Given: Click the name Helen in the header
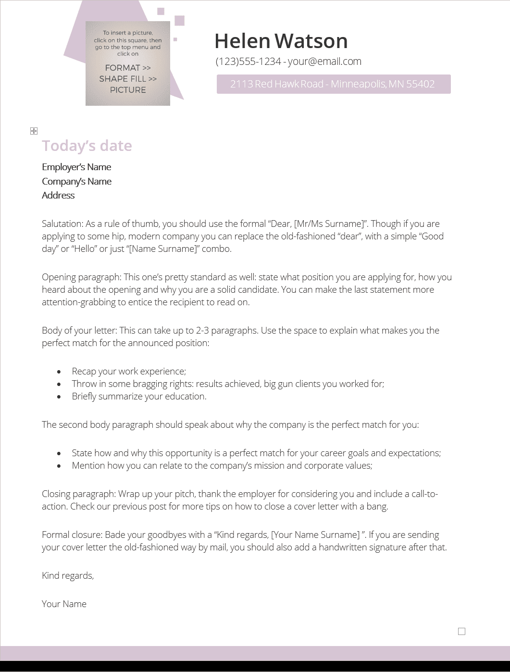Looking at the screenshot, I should (242, 41).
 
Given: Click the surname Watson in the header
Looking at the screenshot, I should (311, 41).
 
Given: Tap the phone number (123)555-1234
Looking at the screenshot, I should (248, 62).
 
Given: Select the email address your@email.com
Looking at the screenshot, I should (324, 62).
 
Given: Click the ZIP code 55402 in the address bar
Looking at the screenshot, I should (420, 84).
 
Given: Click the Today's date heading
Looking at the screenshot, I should (87, 146).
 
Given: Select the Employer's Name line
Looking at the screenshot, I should (76, 167).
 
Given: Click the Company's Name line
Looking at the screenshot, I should (76, 182).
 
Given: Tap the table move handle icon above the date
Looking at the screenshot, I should (34, 131).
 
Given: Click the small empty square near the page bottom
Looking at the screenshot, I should (462, 631).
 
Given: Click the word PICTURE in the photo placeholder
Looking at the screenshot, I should (128, 90).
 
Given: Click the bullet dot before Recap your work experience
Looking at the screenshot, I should (59, 372).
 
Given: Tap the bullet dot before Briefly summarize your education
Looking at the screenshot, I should (59, 397).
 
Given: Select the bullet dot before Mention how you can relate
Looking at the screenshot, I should (59, 466).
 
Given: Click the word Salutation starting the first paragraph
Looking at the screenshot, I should (62, 224).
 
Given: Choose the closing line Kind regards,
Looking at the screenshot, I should (68, 575).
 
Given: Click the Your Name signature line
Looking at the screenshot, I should (64, 604).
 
